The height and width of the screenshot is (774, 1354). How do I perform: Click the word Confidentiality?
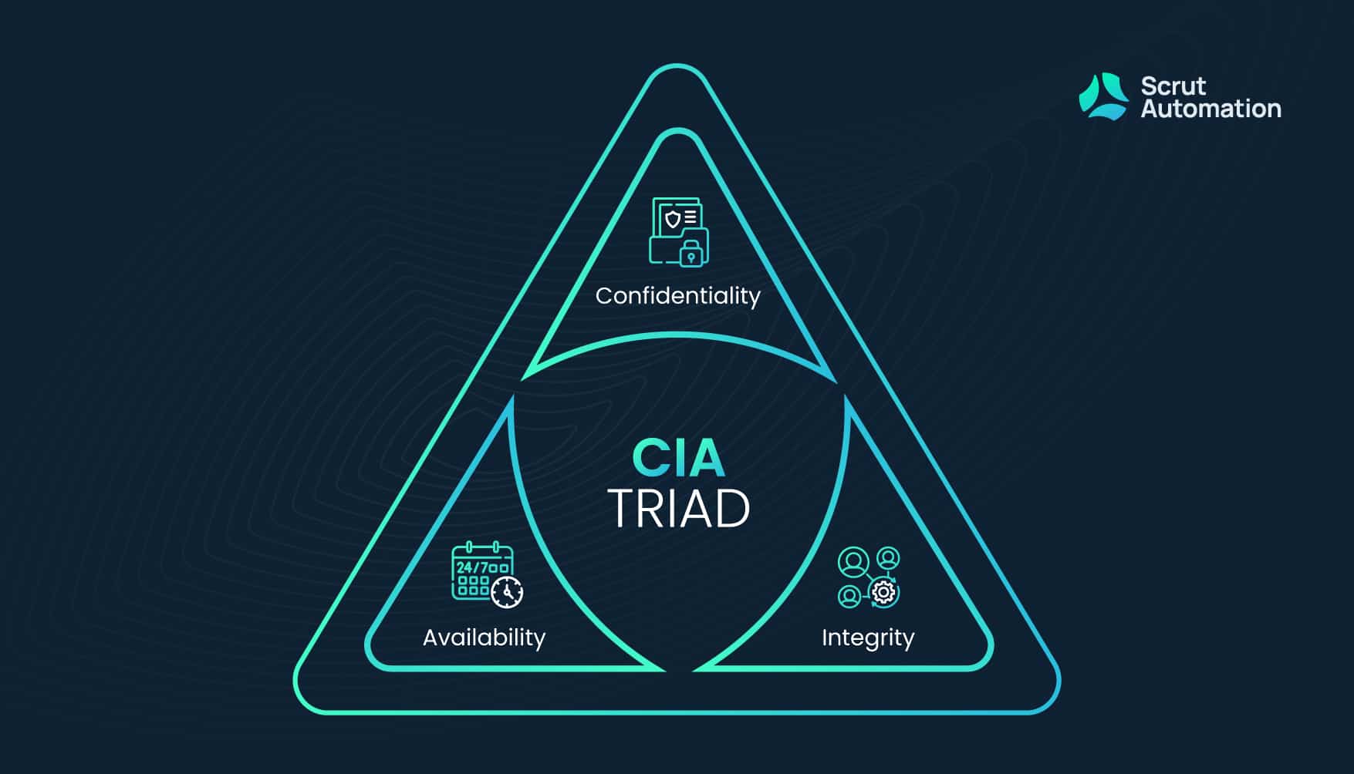[x=677, y=296]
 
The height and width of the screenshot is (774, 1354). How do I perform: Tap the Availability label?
[x=484, y=638]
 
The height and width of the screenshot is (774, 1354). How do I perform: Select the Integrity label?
[x=868, y=638]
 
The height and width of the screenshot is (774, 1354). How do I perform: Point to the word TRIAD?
[x=679, y=509]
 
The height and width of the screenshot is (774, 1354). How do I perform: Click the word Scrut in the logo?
[x=1173, y=86]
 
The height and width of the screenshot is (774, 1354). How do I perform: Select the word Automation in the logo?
[x=1210, y=109]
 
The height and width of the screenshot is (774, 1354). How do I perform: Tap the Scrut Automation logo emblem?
[x=1102, y=96]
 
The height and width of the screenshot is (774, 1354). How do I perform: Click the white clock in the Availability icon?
[x=507, y=592]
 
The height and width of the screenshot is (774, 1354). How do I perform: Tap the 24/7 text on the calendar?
[x=471, y=568]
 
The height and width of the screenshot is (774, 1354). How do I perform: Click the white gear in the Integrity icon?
[x=883, y=593]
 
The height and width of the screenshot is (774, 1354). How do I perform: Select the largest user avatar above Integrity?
[x=853, y=563]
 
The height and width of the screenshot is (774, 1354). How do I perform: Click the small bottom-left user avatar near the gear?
[x=849, y=596]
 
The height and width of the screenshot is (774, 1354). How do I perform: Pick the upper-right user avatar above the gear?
[x=889, y=557]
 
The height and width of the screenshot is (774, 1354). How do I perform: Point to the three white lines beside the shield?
[x=691, y=217]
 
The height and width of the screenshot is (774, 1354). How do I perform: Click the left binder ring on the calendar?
[x=469, y=547]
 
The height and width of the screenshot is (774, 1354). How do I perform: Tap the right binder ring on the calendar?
[x=496, y=547]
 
